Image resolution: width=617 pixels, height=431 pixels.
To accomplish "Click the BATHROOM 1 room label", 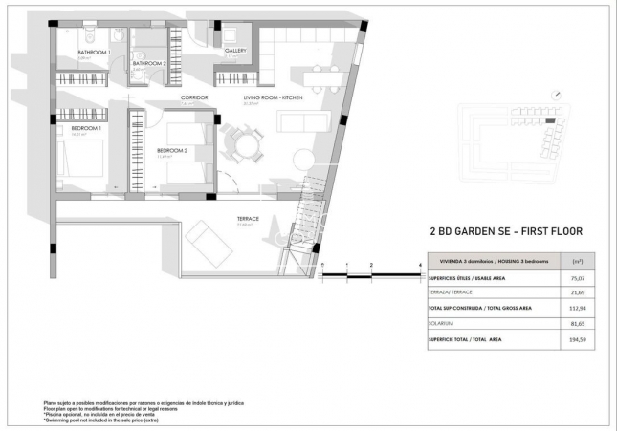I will pos(94,52).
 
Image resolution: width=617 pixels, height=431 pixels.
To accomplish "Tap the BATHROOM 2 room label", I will pos(149,63).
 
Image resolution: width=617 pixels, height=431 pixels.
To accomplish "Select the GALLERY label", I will pos(236,51).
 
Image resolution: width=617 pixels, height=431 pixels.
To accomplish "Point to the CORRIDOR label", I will pos(194,97).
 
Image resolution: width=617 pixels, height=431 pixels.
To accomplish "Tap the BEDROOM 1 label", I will pos(86,127).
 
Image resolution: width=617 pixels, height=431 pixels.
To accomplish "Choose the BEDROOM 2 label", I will pos(172,151).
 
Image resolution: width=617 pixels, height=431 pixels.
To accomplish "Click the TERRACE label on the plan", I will pos(248,219).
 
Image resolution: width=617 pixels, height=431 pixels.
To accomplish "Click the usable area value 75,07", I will pos(577,278).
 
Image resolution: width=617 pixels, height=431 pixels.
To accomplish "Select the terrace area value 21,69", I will pos(577,292).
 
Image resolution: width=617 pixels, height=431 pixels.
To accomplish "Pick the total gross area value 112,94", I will pos(577,309).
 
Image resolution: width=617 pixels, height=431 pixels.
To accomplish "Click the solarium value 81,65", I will pos(577,324).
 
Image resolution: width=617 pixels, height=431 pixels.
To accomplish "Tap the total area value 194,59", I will pos(577,339).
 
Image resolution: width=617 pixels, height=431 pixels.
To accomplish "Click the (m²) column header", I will pos(577,260).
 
